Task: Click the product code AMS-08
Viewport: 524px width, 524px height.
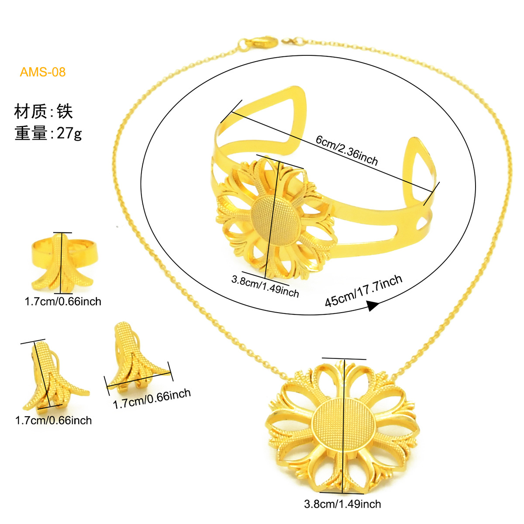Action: [43, 72]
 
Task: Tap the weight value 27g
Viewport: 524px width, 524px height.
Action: [69, 134]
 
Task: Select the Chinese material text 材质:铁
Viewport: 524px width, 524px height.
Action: [44, 111]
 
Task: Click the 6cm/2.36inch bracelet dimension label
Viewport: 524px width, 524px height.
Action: [347, 150]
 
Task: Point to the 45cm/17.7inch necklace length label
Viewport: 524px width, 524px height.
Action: [364, 291]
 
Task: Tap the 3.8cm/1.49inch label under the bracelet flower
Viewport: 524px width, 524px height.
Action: [265, 286]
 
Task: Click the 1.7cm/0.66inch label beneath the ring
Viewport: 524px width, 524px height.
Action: [63, 302]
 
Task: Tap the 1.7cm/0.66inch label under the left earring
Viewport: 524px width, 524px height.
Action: [54, 421]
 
